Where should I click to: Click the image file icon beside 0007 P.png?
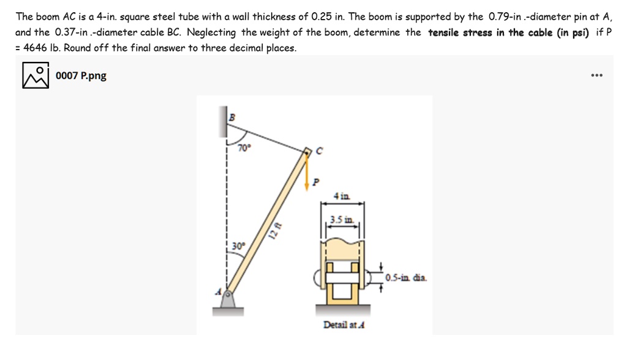(x=36, y=76)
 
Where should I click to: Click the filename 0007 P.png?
(x=81, y=76)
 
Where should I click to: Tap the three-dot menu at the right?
(x=597, y=76)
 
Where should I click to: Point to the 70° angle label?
(x=244, y=148)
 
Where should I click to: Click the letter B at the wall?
(x=232, y=116)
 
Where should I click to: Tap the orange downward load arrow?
(x=308, y=169)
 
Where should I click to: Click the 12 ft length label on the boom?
(x=277, y=230)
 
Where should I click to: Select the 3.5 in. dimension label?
(x=342, y=219)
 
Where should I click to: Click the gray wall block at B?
(x=223, y=122)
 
